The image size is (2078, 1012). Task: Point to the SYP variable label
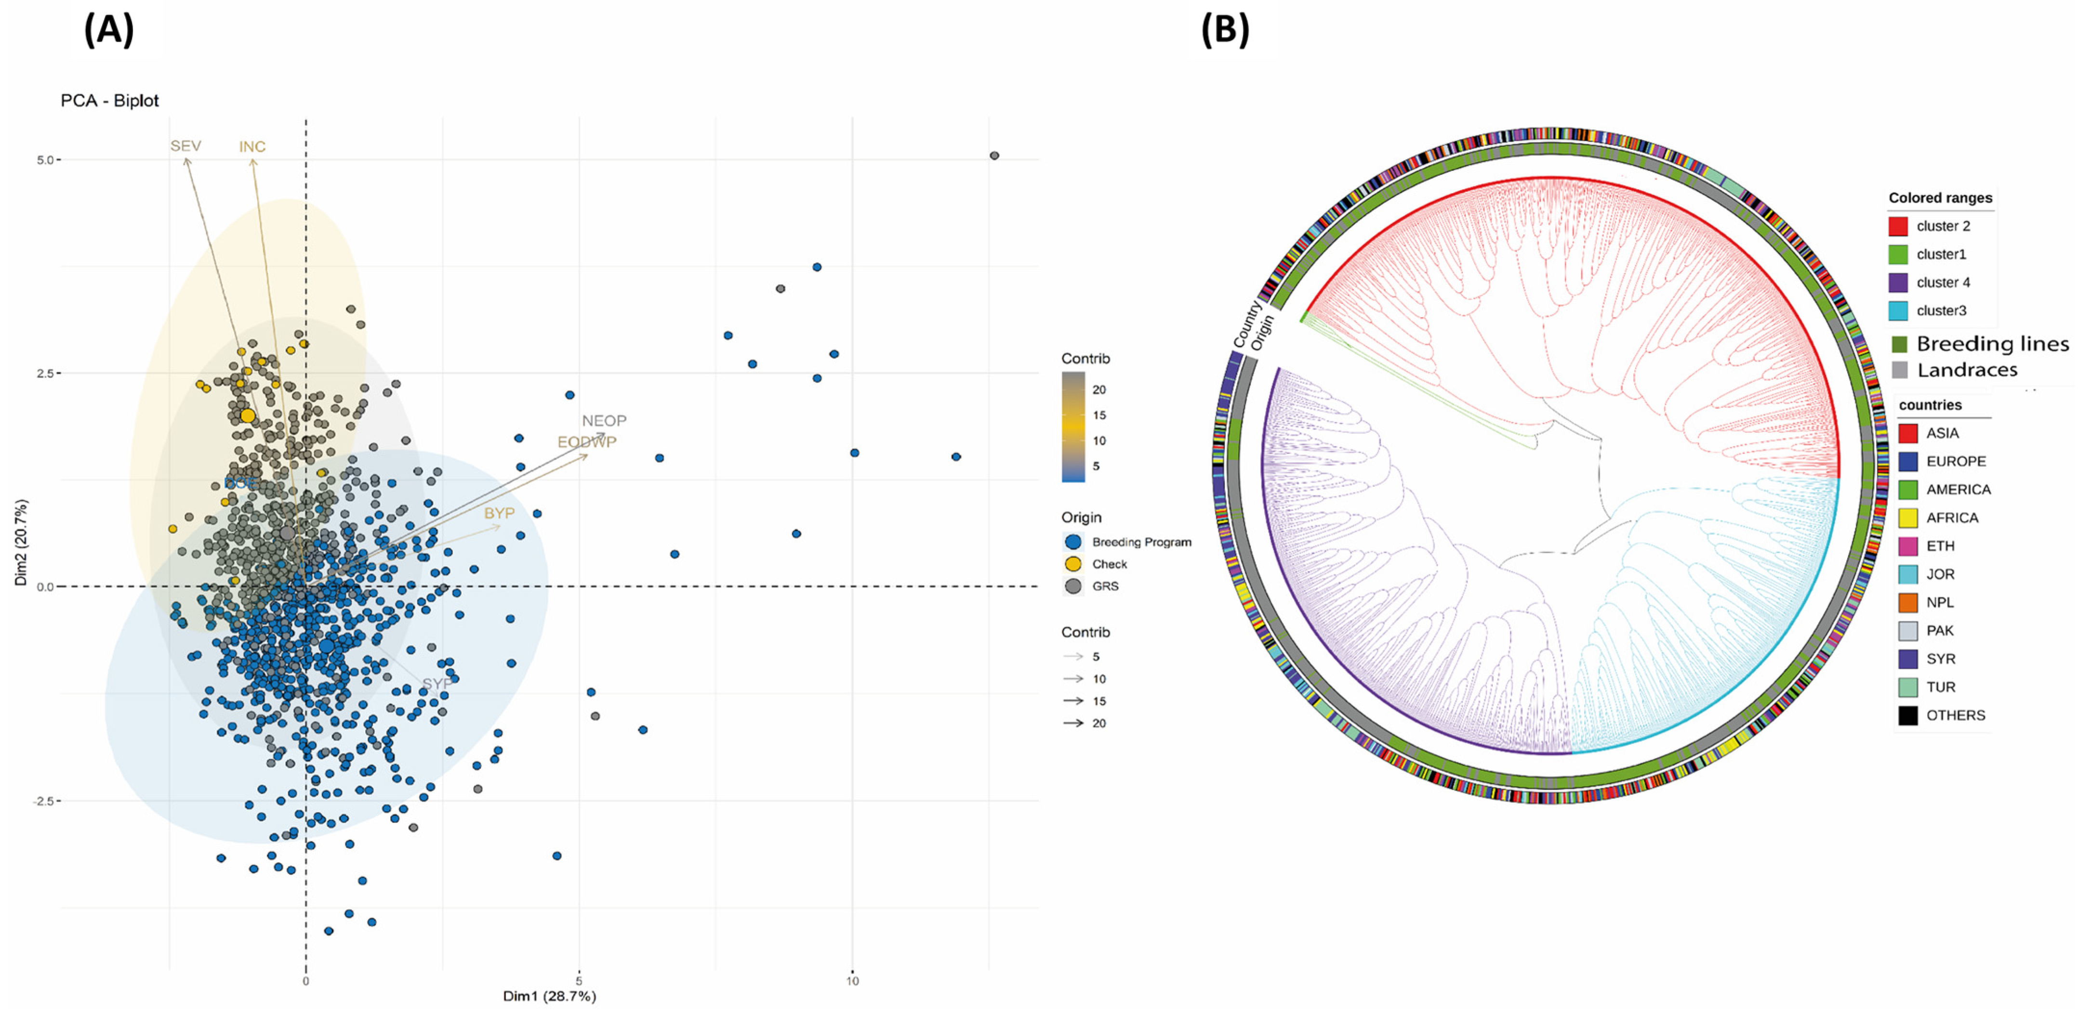[x=437, y=684]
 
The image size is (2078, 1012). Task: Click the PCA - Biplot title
[x=110, y=101]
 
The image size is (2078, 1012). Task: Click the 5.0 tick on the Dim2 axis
[x=45, y=160]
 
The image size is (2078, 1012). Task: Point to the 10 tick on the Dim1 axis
[x=852, y=981]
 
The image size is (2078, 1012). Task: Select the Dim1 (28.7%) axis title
[x=549, y=997]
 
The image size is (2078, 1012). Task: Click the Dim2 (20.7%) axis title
[x=21, y=542]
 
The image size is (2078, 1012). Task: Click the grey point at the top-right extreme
[x=994, y=156]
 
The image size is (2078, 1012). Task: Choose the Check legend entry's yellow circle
[x=1073, y=564]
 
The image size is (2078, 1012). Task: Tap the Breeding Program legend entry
[x=1140, y=542]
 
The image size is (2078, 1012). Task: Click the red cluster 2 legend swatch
[x=1898, y=226]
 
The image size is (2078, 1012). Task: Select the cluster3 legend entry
[x=1941, y=311]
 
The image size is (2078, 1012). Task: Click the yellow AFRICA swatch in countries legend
[x=1908, y=518]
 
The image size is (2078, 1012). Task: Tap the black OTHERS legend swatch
[x=1908, y=715]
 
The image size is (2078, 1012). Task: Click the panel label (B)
[x=1225, y=31]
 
